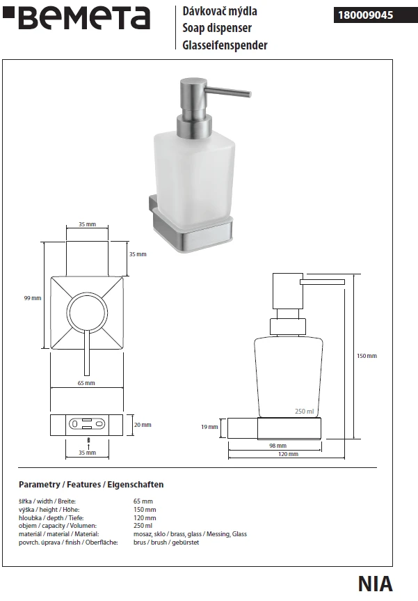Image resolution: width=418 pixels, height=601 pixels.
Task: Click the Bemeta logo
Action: (77, 18)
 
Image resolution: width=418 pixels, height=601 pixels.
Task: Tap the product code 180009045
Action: (365, 15)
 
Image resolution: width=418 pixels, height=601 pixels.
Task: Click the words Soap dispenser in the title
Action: (217, 28)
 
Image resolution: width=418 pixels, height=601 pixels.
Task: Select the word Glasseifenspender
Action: (225, 45)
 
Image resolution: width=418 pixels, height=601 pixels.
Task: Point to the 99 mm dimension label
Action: (33, 298)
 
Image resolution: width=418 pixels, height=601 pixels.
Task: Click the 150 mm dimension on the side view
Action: (367, 356)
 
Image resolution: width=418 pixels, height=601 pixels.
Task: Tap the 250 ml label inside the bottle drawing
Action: (305, 412)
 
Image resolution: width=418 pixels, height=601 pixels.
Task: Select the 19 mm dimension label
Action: (209, 427)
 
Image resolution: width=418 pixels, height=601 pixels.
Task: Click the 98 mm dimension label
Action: (278, 446)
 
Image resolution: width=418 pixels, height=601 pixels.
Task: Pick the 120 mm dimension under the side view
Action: (288, 454)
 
